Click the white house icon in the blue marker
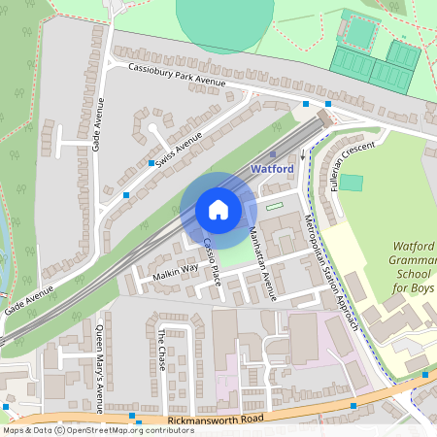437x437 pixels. (218, 209)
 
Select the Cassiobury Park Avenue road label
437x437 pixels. (177, 75)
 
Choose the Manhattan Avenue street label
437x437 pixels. (262, 264)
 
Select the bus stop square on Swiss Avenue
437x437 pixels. (152, 163)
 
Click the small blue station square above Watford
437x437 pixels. (273, 153)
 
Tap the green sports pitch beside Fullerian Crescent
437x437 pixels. (351, 182)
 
